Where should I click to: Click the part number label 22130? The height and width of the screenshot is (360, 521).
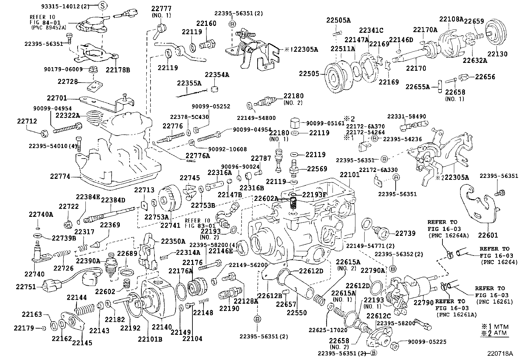[497, 54]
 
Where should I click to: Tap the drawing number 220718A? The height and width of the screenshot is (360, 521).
[499, 353]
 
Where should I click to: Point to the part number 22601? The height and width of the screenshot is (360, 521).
[488, 235]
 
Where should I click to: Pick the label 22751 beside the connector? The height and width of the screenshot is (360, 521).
[26, 287]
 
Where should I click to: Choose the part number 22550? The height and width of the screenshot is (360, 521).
[296, 313]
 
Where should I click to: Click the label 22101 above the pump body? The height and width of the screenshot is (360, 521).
[350, 175]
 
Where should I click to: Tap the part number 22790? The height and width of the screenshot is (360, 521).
[423, 302]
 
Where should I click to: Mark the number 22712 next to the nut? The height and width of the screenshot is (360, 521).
[27, 121]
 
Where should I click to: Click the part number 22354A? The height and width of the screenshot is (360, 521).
[217, 75]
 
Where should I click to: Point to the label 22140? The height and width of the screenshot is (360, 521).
[162, 327]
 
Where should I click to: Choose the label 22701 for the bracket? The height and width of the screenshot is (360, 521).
[57, 98]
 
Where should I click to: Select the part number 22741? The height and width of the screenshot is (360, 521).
[170, 225]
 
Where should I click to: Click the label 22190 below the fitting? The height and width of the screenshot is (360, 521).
[229, 308]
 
